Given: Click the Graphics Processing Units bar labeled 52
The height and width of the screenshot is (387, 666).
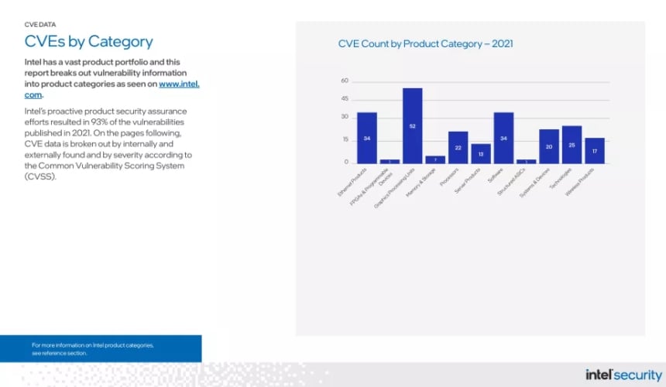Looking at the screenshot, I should coord(412,125).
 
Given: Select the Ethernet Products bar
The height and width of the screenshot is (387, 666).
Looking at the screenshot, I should coord(366,138).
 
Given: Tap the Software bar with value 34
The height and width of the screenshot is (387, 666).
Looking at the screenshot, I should coord(503,138).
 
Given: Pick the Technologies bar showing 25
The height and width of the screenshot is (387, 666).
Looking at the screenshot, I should coord(572,145).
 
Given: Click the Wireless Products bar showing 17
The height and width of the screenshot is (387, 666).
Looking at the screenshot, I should coord(595,151).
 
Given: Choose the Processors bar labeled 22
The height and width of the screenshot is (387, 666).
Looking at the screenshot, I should coord(458,147).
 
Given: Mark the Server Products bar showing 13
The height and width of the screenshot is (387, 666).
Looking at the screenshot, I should coord(481,153).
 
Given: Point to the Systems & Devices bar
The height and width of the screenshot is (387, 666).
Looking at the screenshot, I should coord(549,146).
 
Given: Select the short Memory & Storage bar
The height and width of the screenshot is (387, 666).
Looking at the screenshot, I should coord(435,159).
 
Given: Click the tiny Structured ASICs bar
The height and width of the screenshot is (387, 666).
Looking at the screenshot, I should coord(527,161).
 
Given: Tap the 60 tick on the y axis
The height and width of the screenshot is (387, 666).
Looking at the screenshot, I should coord(345,80).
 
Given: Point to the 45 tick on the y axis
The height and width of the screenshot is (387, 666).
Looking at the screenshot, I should coord(345,99).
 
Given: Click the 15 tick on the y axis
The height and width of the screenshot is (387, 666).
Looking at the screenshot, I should coord(345,140).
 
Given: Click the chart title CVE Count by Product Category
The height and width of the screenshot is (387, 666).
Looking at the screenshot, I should coord(425,44).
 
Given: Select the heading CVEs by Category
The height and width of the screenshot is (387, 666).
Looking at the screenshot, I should coord(88,42).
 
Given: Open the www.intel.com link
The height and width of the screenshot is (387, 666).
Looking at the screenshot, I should coord(179,84).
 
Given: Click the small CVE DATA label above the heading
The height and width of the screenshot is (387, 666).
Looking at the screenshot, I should coord(40,25).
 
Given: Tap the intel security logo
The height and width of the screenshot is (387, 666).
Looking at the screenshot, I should coord(624,375).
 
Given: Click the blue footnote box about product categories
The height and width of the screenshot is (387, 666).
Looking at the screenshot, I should coord(101,348).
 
